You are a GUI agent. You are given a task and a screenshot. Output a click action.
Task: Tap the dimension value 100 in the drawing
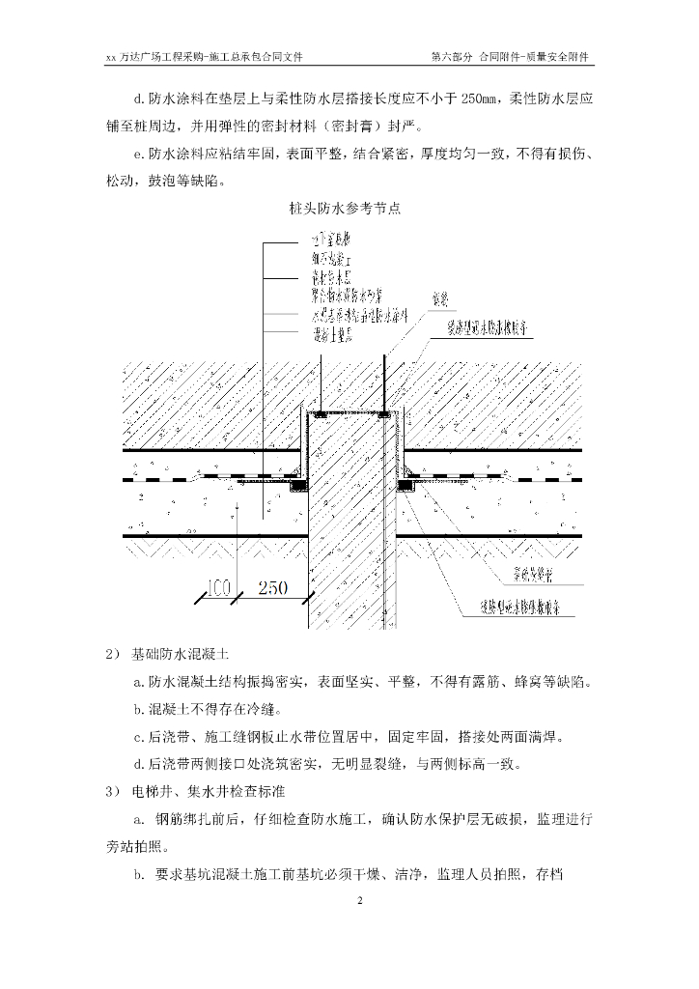[x=218, y=587]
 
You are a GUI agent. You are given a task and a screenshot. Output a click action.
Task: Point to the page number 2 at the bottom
[x=358, y=902]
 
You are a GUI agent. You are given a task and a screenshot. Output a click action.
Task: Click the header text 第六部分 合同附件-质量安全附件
[x=511, y=58]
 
